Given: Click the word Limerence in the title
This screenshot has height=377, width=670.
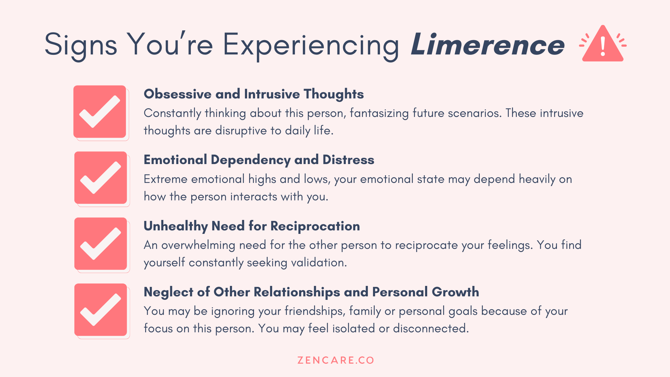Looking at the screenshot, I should [x=487, y=45].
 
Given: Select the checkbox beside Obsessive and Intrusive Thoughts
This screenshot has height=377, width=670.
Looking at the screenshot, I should [x=100, y=112].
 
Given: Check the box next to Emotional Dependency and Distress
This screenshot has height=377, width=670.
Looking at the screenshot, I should [x=100, y=178].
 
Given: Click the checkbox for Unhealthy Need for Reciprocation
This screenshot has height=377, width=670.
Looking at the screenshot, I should [x=100, y=244].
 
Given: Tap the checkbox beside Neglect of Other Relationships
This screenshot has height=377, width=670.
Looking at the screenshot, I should [x=100, y=310].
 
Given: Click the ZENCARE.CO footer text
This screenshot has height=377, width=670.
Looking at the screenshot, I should [x=335, y=360].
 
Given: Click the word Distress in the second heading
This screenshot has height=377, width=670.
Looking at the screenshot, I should [x=348, y=160].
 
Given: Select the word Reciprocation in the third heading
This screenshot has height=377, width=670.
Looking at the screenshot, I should [x=315, y=226].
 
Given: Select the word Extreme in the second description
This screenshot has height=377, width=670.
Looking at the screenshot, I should [x=165, y=179].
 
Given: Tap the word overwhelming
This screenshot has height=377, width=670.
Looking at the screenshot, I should [x=198, y=245].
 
